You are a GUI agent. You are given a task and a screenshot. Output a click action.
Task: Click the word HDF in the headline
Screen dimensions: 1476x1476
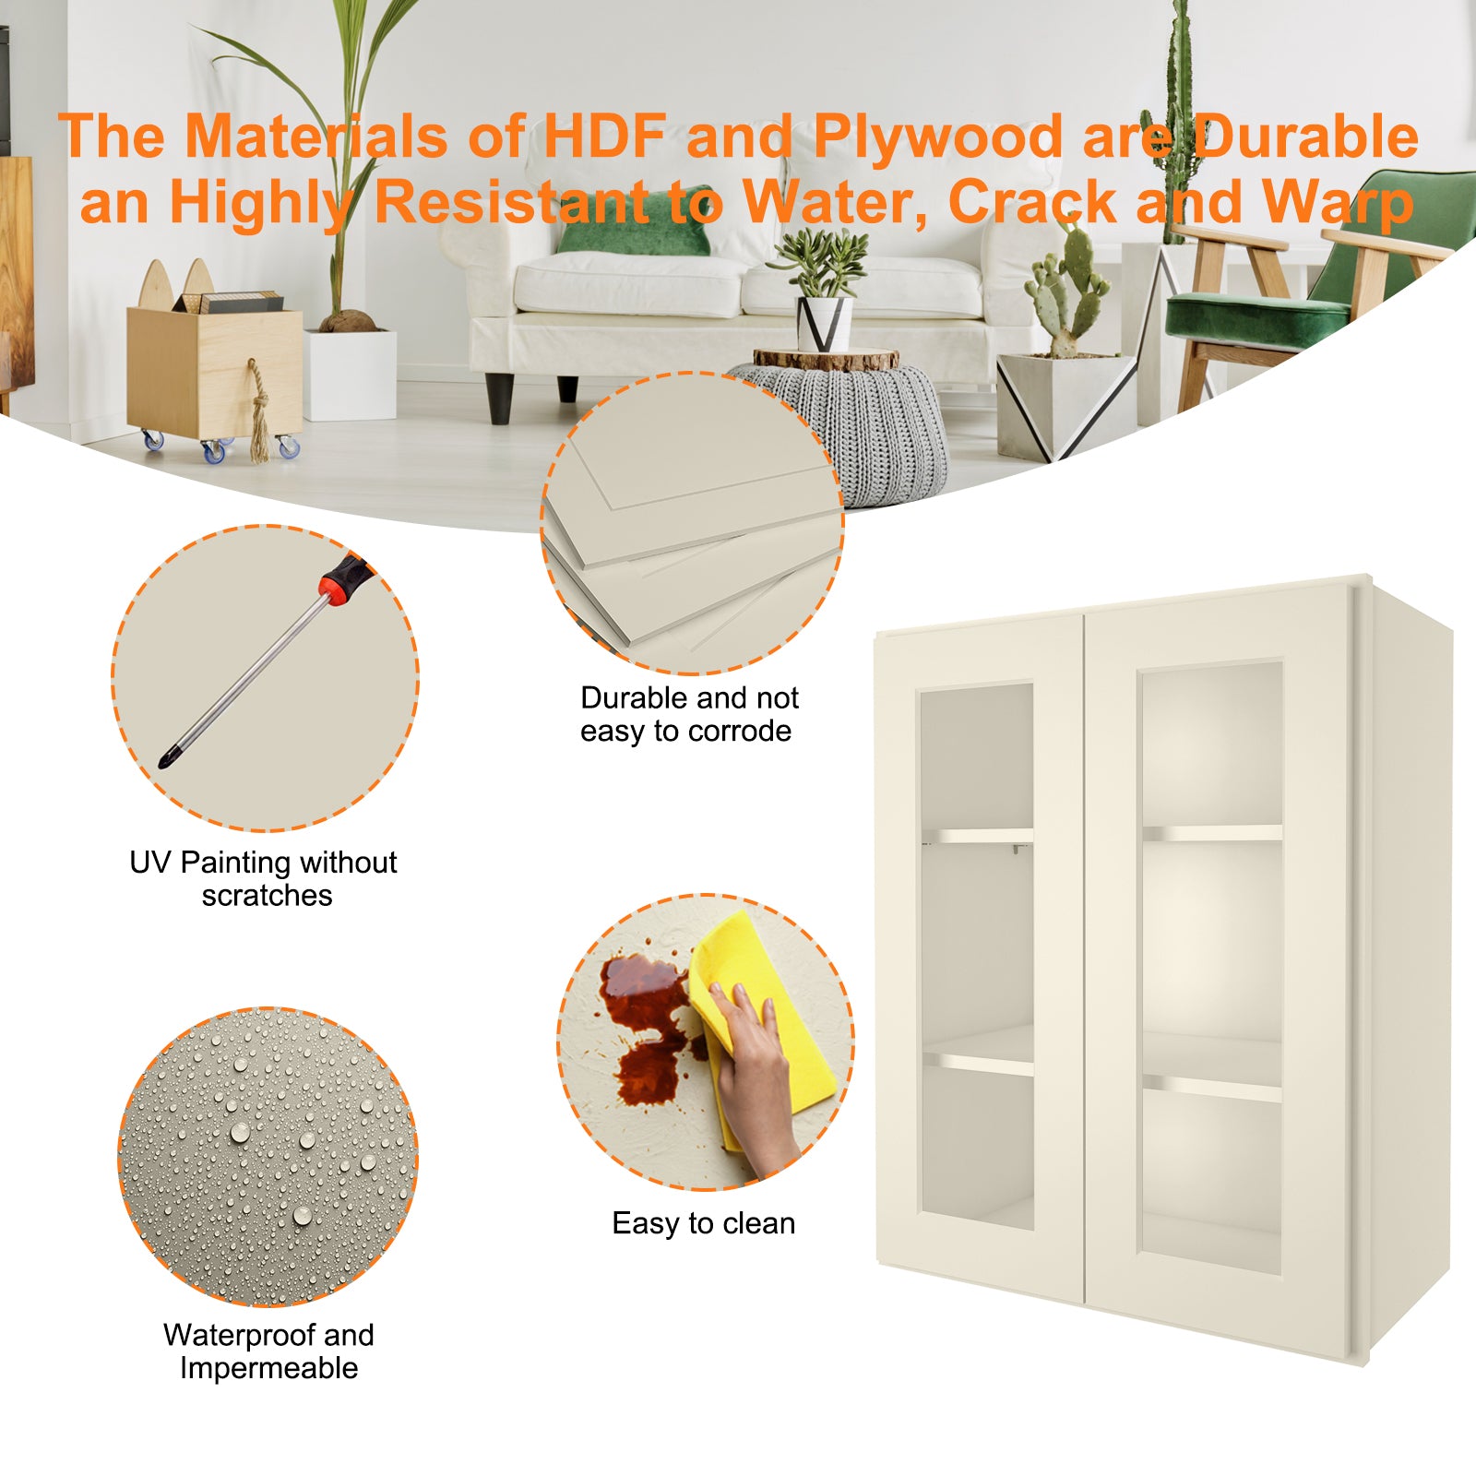(x=603, y=137)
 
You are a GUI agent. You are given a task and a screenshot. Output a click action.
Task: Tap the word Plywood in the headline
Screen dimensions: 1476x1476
(x=937, y=137)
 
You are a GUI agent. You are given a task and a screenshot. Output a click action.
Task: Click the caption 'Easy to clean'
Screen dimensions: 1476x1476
(x=703, y=1223)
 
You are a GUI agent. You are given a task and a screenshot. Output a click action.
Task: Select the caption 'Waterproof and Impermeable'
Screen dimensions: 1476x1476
(x=268, y=1351)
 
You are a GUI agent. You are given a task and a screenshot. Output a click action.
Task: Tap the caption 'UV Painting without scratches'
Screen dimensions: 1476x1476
(x=264, y=878)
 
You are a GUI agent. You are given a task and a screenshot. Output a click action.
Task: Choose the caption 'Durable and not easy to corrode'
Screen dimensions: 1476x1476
(x=688, y=714)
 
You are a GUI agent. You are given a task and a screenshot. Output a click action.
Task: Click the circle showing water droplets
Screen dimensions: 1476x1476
(x=268, y=1157)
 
